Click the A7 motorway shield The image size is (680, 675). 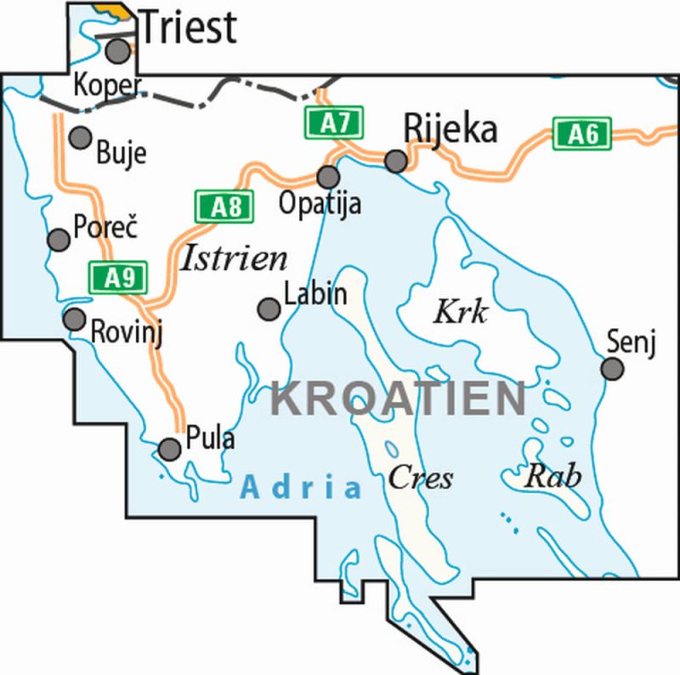(336, 123)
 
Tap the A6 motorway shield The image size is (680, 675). (582, 133)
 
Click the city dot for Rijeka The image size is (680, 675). (396, 161)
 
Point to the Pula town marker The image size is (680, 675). (171, 448)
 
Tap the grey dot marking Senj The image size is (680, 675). (612, 369)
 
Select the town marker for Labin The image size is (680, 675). (269, 308)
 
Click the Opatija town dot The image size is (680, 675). (328, 177)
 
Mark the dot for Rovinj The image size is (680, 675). (75, 320)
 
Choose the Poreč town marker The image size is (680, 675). (59, 240)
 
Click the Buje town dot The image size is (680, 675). (80, 138)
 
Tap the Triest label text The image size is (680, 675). (187, 27)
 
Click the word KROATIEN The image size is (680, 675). (398, 399)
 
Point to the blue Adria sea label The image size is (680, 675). (301, 487)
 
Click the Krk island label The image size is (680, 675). (461, 313)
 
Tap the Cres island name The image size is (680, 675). (420, 478)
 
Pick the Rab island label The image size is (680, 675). (552, 476)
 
